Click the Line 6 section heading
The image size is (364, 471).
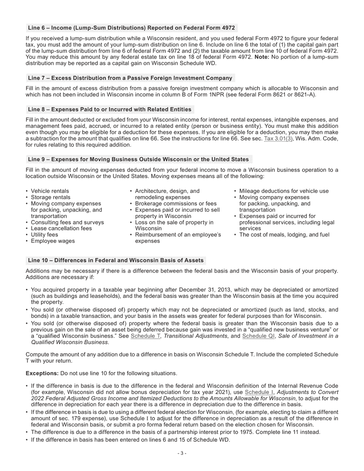(x=131, y=28)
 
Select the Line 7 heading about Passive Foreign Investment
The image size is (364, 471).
(x=130, y=78)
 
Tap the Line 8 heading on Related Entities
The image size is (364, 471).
(x=110, y=110)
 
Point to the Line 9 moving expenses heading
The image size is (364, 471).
(x=138, y=159)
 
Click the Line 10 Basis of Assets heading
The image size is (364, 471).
(x=115, y=260)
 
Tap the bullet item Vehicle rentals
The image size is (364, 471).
(x=50, y=191)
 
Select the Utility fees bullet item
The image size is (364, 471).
(x=44, y=235)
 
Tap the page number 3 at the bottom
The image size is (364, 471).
(x=182, y=453)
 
